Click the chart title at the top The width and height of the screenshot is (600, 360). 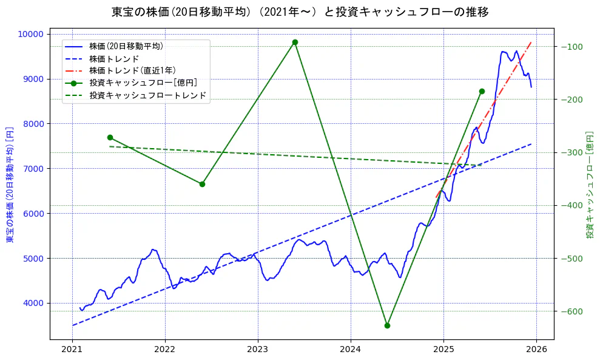pyautogui.click(x=300, y=12)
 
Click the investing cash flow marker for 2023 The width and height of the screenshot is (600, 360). pyautogui.click(x=295, y=42)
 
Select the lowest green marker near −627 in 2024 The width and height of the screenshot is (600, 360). pyautogui.click(x=387, y=325)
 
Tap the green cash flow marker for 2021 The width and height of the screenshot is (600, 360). pyautogui.click(x=110, y=137)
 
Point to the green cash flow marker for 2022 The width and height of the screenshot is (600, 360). pyautogui.click(x=202, y=184)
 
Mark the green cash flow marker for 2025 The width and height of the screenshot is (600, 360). pyautogui.click(x=482, y=91)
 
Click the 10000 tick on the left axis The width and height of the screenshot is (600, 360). pyautogui.click(x=34, y=34)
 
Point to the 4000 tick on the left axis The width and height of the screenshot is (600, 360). pyautogui.click(x=36, y=303)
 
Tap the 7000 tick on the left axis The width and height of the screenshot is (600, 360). pyautogui.click(x=36, y=169)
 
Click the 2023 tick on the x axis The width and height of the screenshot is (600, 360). pyautogui.click(x=258, y=350)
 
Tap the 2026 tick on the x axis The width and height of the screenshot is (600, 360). pyautogui.click(x=536, y=350)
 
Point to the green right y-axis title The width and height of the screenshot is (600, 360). pyautogui.click(x=590, y=185)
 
